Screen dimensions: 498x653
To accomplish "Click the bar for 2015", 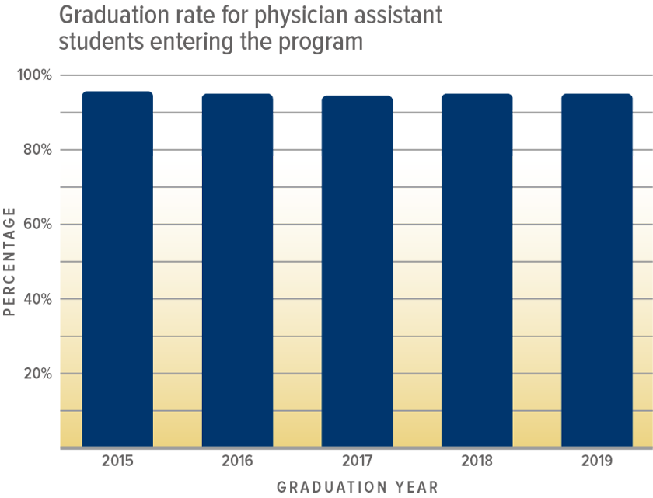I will pos(117,270).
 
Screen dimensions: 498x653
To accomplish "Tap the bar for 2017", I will pos(357,272).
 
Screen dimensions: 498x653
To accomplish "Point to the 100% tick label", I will pos(34,75).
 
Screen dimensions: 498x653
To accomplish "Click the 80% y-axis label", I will pos(36,150).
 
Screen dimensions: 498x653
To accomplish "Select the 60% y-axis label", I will pos(36,225).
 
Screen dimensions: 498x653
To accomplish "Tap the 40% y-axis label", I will pos(36,299).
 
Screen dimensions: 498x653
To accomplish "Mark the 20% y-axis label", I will pos(36,374).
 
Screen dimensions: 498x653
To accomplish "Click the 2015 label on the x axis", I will pos(117,461).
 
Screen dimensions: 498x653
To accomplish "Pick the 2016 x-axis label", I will pos(237,461).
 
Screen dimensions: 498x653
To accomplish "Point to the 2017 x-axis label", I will pos(357,461).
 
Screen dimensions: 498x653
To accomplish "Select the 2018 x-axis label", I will pos(477,461).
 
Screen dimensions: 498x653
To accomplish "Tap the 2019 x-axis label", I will pos(596,461).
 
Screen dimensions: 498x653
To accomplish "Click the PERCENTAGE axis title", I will pos(10,262).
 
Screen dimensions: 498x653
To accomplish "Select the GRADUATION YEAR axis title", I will pos(358,487).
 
